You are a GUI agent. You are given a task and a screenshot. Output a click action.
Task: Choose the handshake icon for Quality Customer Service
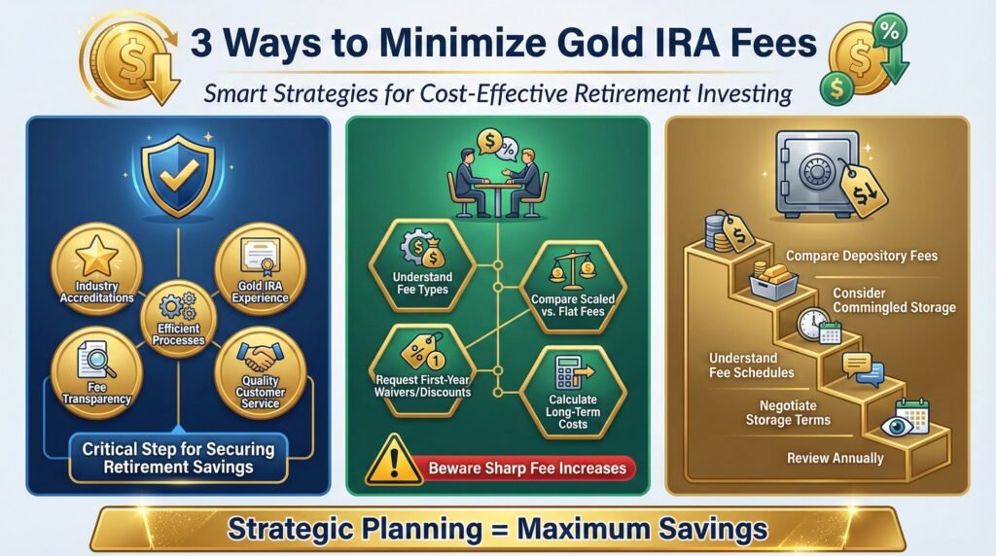(x=260, y=362)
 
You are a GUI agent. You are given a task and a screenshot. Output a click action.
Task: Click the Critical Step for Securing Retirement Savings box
(x=178, y=458)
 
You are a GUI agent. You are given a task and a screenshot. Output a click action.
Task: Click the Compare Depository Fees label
(x=862, y=257)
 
